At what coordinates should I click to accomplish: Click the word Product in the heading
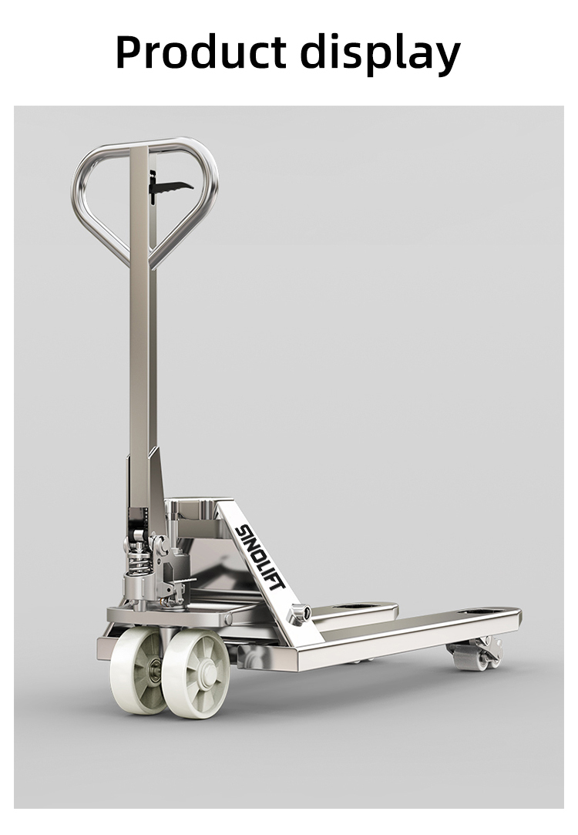[x=200, y=52]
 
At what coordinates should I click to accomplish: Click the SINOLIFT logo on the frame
[x=260, y=557]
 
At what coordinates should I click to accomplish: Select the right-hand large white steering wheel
[x=196, y=673]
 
